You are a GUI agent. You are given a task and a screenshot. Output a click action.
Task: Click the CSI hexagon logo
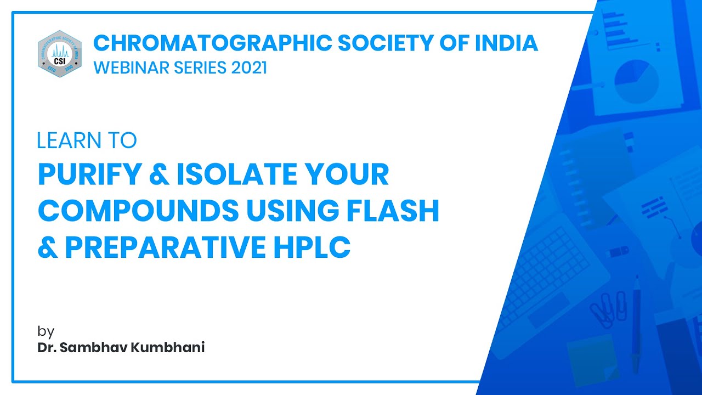pyautogui.click(x=60, y=54)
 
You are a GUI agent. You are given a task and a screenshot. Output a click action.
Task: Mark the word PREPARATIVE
pyautogui.click(x=165, y=248)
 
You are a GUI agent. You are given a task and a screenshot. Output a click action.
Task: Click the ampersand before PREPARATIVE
pyautogui.click(x=48, y=248)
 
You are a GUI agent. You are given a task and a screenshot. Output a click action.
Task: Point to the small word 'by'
pyautogui.click(x=46, y=331)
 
